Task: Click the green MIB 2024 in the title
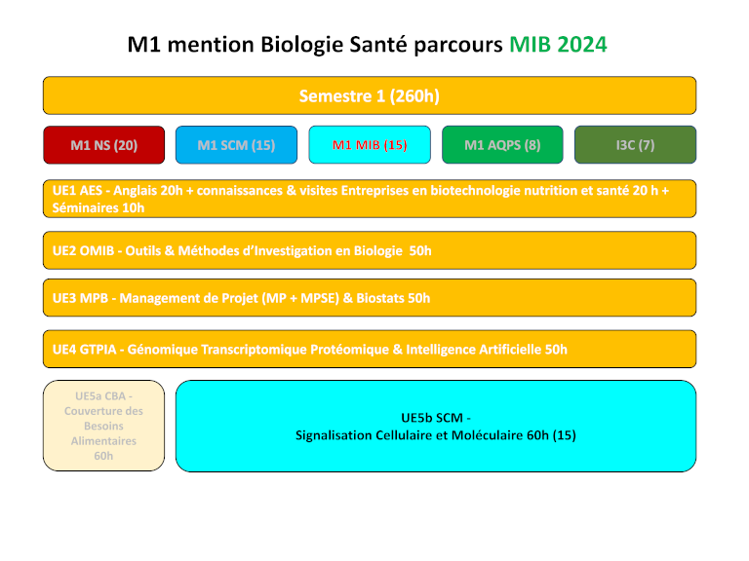[x=557, y=45]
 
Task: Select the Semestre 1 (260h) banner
[x=369, y=95]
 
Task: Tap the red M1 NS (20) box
[x=104, y=145]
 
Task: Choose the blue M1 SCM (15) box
[x=236, y=145]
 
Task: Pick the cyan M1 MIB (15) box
[x=369, y=145]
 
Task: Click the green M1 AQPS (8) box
[x=502, y=145]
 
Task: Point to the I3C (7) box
[x=635, y=145]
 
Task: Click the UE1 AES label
[x=78, y=191]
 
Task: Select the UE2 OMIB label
[x=83, y=250]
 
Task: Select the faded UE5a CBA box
[x=103, y=426]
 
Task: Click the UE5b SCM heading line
[x=435, y=418]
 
